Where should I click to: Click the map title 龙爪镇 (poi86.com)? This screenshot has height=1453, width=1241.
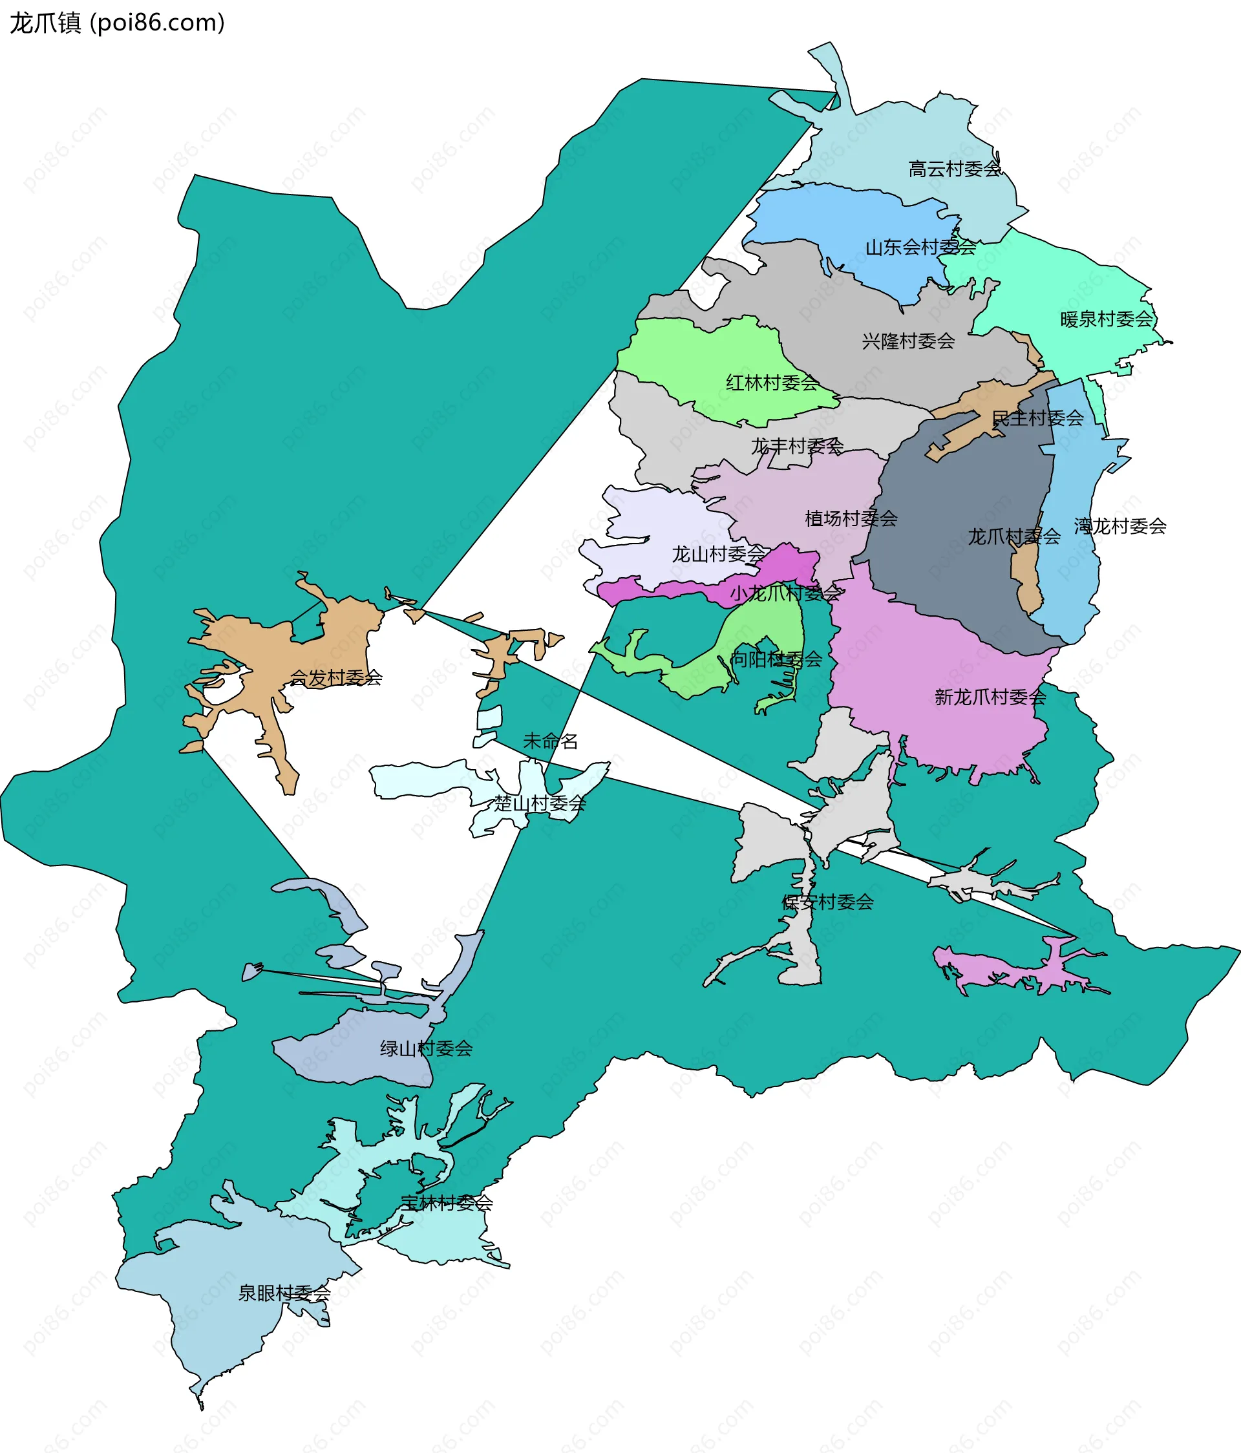click(x=117, y=23)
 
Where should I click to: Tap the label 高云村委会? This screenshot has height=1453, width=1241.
click(x=954, y=169)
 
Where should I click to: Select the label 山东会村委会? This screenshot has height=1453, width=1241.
click(x=920, y=247)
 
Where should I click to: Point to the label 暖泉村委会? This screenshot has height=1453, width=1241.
click(x=1107, y=319)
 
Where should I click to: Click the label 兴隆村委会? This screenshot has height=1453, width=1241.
click(x=908, y=341)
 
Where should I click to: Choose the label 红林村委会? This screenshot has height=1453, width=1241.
click(x=772, y=382)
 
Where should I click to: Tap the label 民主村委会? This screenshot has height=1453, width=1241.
click(x=1037, y=418)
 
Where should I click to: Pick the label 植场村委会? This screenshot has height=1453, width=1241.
click(x=851, y=518)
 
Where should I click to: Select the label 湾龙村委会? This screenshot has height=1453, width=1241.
click(x=1119, y=526)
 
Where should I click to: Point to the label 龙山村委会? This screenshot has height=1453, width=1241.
click(x=718, y=554)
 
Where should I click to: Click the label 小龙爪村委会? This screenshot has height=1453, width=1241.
click(x=785, y=593)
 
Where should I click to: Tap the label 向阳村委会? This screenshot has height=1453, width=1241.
click(x=776, y=659)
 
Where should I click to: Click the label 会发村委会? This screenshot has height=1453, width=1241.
click(x=336, y=677)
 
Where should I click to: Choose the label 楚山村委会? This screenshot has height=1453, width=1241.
click(x=539, y=803)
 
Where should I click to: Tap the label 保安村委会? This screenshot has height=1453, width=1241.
click(x=827, y=902)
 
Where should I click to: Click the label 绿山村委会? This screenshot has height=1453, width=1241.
click(x=427, y=1048)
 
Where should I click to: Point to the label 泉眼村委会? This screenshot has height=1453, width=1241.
click(x=284, y=1293)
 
